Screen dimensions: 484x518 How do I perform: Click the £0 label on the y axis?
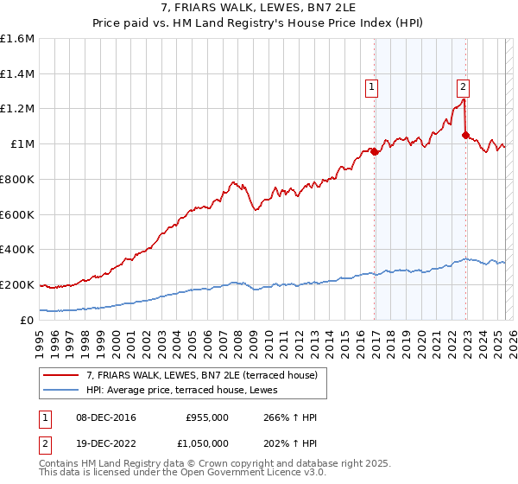(28, 320)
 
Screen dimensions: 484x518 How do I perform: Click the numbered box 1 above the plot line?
(371, 86)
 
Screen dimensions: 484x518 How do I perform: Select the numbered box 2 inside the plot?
(463, 86)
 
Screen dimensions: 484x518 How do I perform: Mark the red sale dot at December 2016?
(375, 152)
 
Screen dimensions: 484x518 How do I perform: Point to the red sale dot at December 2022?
(466, 136)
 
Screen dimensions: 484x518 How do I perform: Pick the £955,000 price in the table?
(206, 418)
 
